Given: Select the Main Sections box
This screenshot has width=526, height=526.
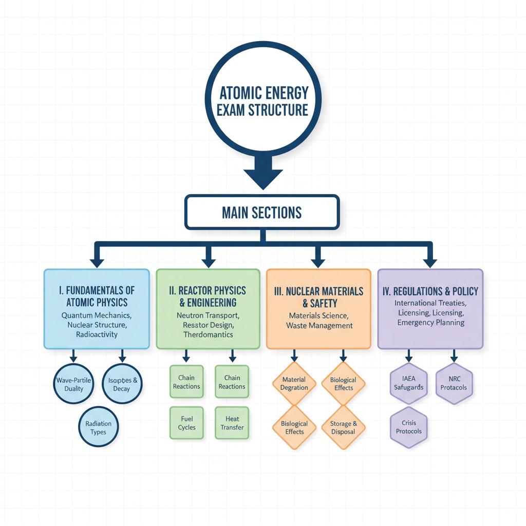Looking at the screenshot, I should pyautogui.click(x=262, y=212).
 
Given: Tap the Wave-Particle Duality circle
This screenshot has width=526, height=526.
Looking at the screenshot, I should pyautogui.click(x=74, y=384).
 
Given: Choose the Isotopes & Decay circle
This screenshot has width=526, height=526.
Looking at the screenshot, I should pyautogui.click(x=122, y=384).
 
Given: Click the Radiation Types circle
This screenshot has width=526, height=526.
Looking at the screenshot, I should pyautogui.click(x=98, y=427).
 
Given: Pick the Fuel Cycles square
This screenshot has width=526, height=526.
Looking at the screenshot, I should pyautogui.click(x=187, y=423).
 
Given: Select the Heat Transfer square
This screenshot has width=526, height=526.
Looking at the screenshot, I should pyautogui.click(x=232, y=423).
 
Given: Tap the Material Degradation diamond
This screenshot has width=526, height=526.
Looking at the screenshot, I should pyautogui.click(x=294, y=384).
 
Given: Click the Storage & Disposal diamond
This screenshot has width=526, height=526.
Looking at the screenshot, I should pyautogui.click(x=344, y=427).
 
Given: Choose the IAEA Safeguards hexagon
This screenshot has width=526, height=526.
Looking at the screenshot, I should pyautogui.click(x=409, y=383).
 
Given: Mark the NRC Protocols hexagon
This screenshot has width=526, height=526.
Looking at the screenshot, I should pyautogui.click(x=454, y=383).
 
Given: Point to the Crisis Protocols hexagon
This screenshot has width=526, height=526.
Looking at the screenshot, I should pyautogui.click(x=409, y=427).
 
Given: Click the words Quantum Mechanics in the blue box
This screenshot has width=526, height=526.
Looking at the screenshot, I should pyautogui.click(x=97, y=315).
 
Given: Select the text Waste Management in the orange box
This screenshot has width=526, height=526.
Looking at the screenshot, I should pyautogui.click(x=320, y=325).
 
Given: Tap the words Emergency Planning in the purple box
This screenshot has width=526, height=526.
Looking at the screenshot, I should pyautogui.click(x=430, y=323).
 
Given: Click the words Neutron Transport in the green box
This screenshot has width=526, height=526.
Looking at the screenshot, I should pyautogui.click(x=208, y=315).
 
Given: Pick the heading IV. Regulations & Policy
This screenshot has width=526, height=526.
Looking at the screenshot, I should pyautogui.click(x=430, y=291).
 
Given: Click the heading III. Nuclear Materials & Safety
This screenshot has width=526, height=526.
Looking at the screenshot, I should pyautogui.click(x=319, y=297).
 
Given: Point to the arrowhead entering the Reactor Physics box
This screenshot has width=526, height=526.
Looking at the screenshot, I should pyautogui.click(x=208, y=262).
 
